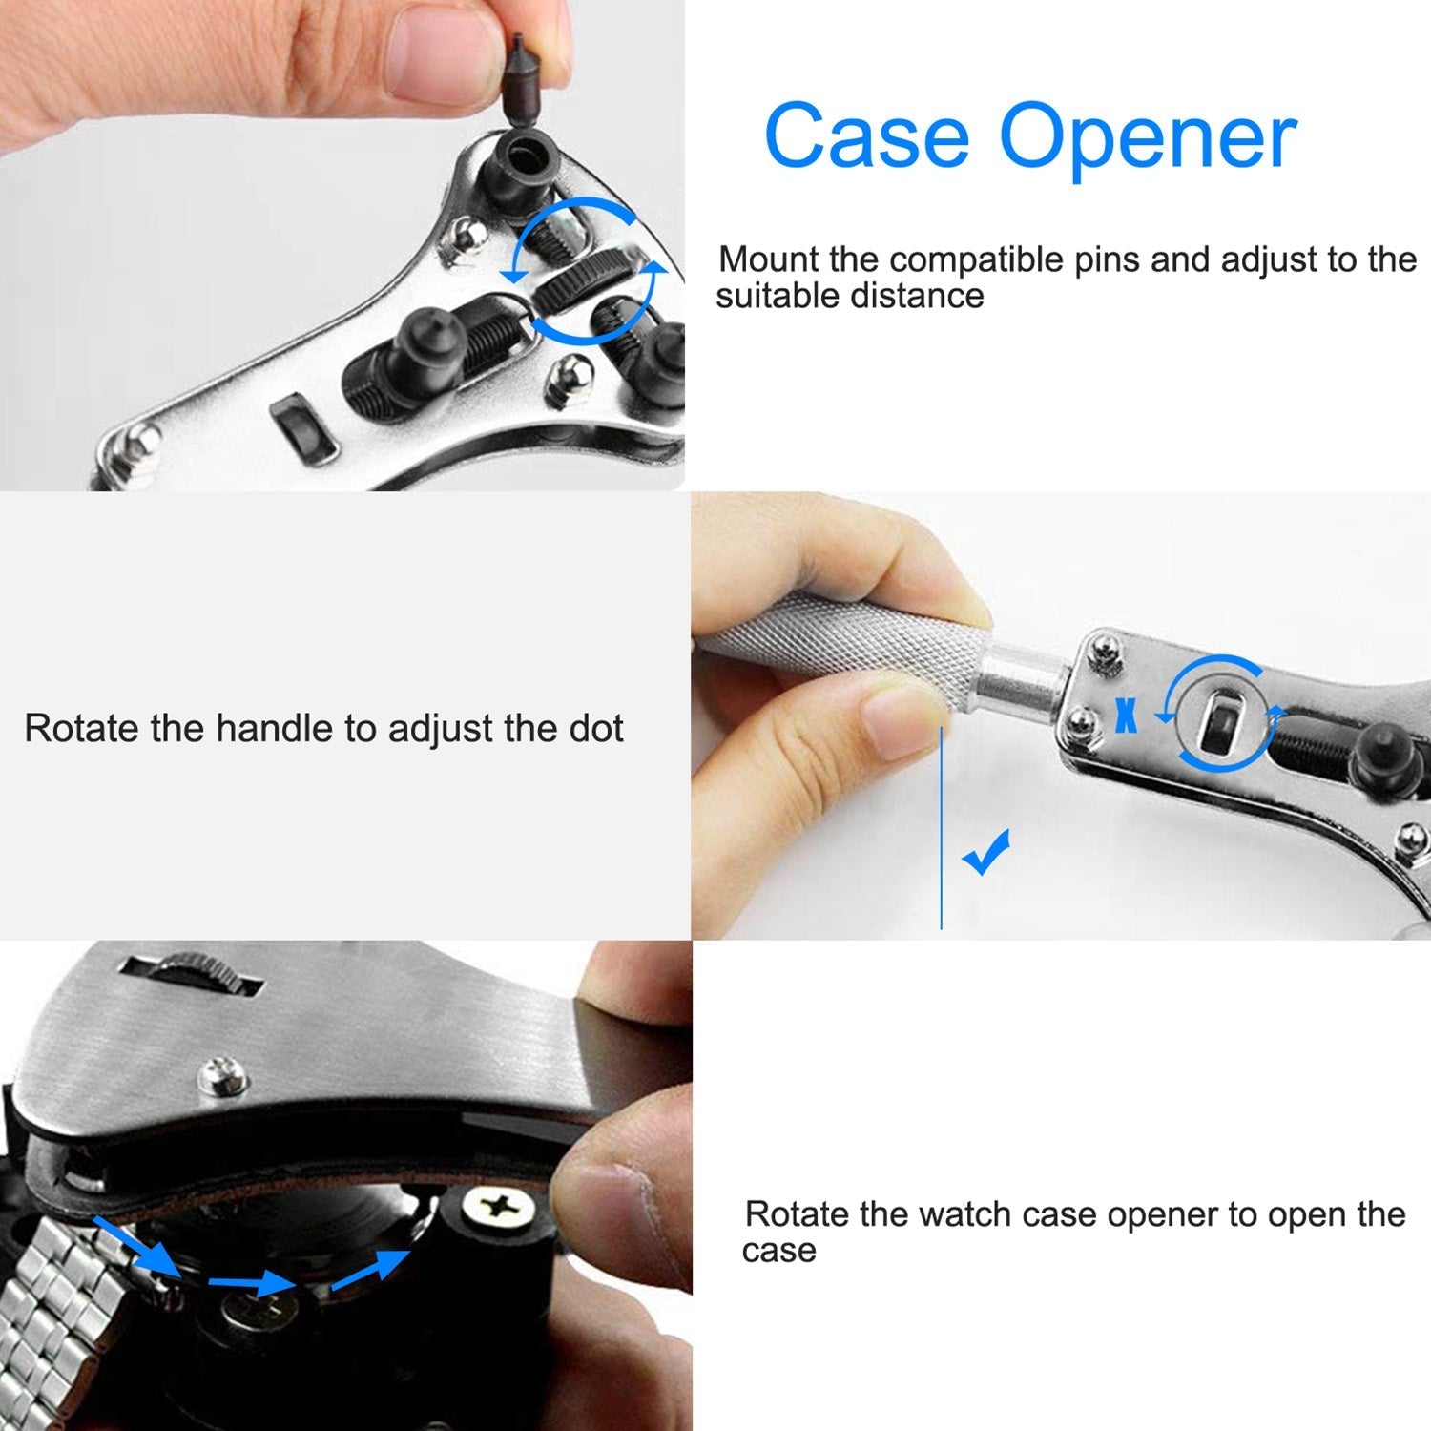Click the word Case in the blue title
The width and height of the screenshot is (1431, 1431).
point(866,135)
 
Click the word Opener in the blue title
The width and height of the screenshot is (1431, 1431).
point(1149,141)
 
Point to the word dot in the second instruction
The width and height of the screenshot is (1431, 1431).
point(596,729)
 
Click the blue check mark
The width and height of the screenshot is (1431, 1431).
point(985,851)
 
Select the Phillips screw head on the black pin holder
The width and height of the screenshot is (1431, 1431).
point(496,1207)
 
